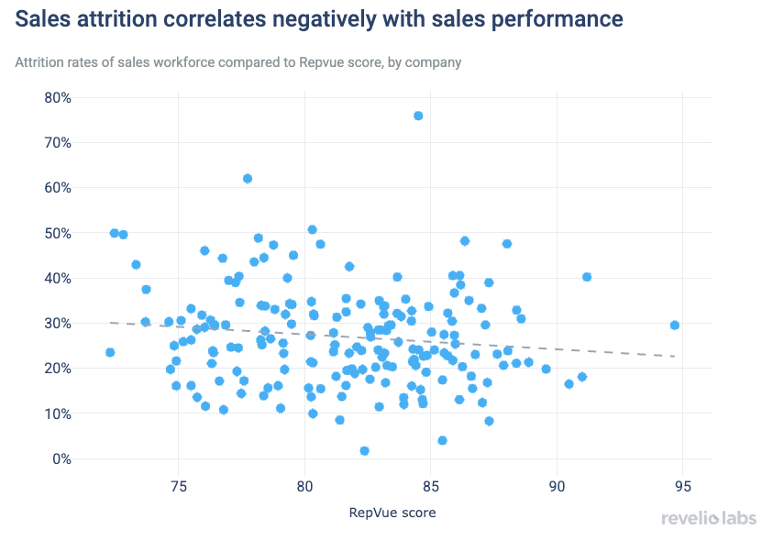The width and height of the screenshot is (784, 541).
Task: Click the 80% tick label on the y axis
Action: [58, 98]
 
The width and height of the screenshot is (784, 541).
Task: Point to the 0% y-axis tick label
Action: [61, 458]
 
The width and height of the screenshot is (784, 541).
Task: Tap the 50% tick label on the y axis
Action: [58, 233]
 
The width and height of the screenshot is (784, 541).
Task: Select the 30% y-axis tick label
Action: [58, 323]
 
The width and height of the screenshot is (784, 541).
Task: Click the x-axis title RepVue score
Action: [392, 513]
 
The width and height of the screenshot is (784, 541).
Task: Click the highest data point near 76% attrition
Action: [418, 116]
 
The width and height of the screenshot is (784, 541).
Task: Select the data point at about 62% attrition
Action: [248, 179]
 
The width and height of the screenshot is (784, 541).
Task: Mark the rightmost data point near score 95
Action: [675, 325]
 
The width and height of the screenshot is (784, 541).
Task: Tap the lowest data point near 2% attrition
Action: [364, 451]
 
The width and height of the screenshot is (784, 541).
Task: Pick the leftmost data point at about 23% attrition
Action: [110, 352]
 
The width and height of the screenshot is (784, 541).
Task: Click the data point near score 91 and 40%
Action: [587, 277]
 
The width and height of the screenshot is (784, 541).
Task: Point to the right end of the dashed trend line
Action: [675, 356]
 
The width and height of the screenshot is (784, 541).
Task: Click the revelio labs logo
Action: [709, 518]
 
